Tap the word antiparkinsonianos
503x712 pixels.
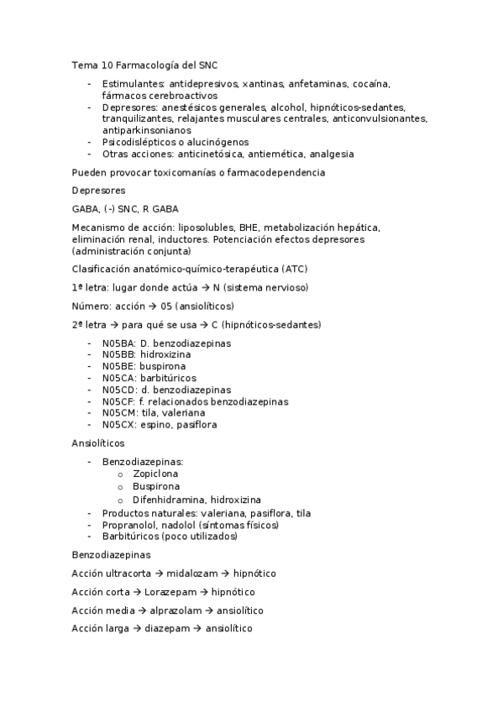(146, 130)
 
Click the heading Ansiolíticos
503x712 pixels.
(98, 442)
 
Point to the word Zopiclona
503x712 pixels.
(155, 474)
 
